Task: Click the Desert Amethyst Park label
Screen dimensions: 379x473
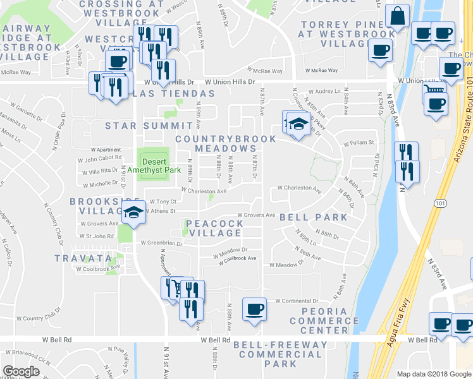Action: click(x=154, y=165)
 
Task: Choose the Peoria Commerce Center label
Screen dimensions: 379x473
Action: click(x=324, y=321)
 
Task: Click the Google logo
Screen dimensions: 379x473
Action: click(x=21, y=371)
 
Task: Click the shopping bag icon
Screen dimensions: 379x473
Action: click(x=398, y=16)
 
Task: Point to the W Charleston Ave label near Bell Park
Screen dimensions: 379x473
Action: click(x=300, y=188)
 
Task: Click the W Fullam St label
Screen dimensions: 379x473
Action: click(x=359, y=143)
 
